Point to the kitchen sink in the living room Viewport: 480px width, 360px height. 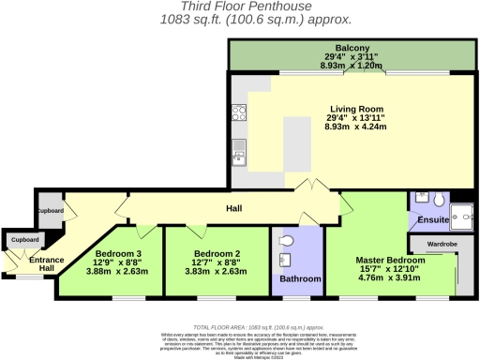click(239, 150)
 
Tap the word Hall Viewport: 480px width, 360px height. click(233, 209)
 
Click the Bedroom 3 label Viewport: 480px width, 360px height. click(118, 253)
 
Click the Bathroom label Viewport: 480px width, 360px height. click(298, 278)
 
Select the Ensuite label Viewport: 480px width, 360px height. click(434, 220)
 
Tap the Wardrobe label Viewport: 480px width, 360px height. click(442, 244)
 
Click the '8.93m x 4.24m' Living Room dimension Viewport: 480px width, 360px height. click(354, 126)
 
